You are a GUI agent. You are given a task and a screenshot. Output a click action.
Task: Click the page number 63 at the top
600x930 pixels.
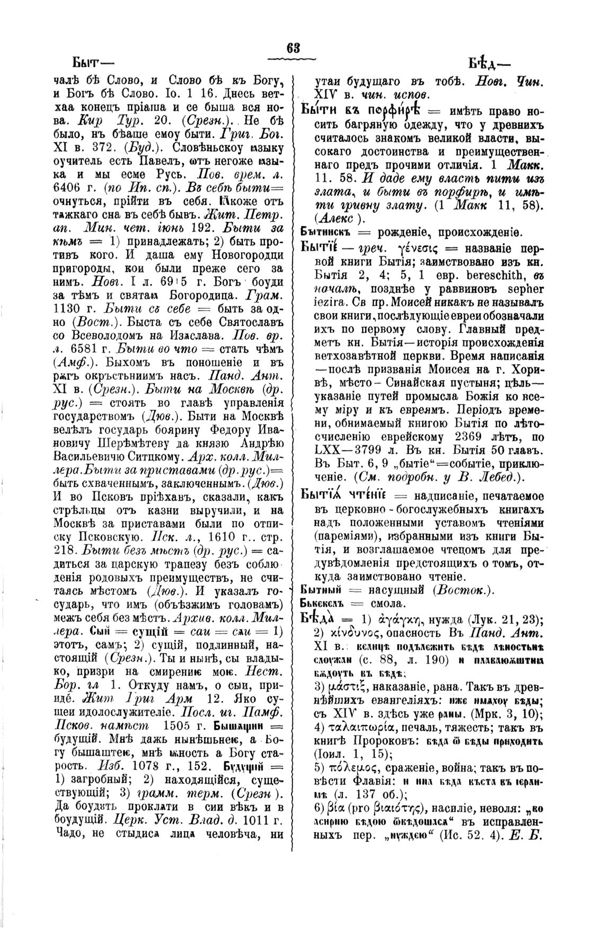(x=293, y=48)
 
